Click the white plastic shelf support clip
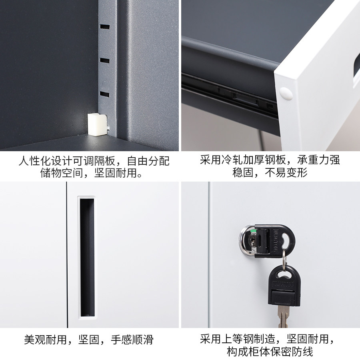[97, 124]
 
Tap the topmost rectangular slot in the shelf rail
[105, 27]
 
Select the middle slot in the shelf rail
[105, 61]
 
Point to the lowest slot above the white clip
[105, 94]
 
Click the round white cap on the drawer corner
[286, 94]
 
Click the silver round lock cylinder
[248, 241]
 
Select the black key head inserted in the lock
[274, 241]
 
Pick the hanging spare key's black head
[284, 286]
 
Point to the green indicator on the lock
[253, 231]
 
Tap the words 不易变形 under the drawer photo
[286, 172]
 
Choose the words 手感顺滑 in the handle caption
[132, 340]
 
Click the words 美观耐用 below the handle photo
[46, 340]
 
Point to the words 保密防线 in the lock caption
[292, 352]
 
